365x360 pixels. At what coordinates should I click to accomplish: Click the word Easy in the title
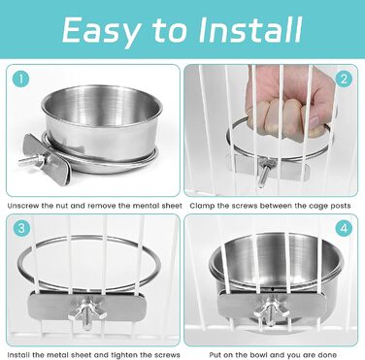pos(102,31)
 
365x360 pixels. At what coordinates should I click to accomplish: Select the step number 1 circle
pos(21,79)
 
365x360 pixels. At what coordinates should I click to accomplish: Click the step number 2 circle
pos(344,79)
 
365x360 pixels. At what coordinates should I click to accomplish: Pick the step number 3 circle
pos(21,228)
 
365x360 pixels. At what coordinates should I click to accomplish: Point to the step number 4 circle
pos(344,228)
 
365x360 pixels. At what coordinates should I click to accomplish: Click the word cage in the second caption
pos(316,207)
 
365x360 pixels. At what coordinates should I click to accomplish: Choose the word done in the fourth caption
pos(328,355)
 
